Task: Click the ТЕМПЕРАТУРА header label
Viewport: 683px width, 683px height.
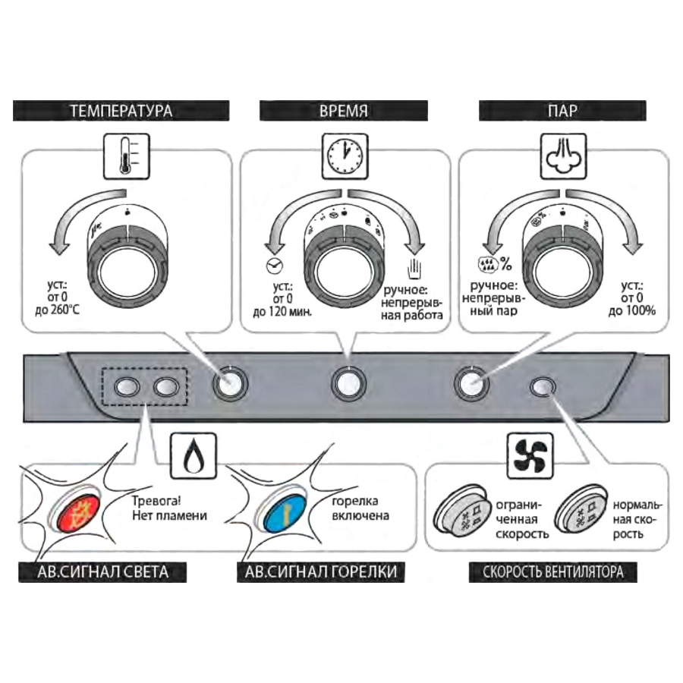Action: coord(121,111)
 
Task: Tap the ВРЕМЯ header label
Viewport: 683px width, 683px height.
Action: coord(344,111)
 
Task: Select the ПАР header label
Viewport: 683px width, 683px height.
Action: coord(562,111)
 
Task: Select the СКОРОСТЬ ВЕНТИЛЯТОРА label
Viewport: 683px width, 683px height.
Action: coord(553,571)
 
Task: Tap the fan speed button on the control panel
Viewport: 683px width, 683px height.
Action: coord(543,387)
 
